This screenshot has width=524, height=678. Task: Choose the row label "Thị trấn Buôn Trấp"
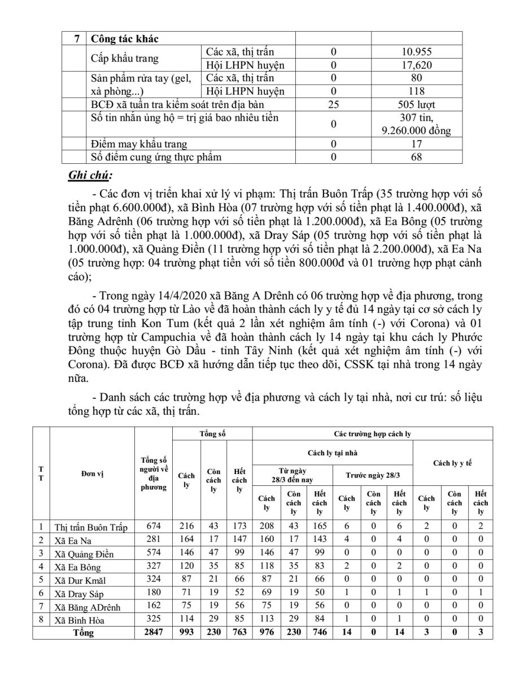click(90, 527)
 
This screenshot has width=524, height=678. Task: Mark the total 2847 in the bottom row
click(154, 632)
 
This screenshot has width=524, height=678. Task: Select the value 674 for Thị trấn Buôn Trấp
click(154, 527)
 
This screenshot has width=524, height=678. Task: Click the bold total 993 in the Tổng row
click(186, 632)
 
